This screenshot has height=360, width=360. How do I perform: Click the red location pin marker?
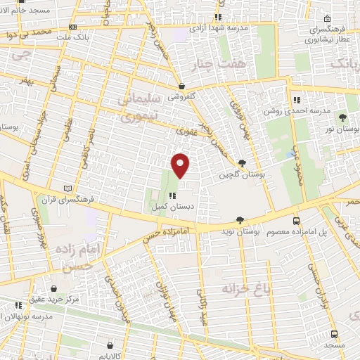(181, 165)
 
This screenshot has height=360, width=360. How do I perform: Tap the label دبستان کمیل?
(168, 207)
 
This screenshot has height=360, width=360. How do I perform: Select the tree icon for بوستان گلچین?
(243, 163)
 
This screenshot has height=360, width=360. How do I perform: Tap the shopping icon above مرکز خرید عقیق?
(55, 288)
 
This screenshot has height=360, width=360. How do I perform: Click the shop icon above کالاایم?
(110, 345)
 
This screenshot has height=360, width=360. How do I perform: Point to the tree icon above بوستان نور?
(342, 117)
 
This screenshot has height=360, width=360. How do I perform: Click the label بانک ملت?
(76, 36)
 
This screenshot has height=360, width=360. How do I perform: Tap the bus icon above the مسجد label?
(334, 335)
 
